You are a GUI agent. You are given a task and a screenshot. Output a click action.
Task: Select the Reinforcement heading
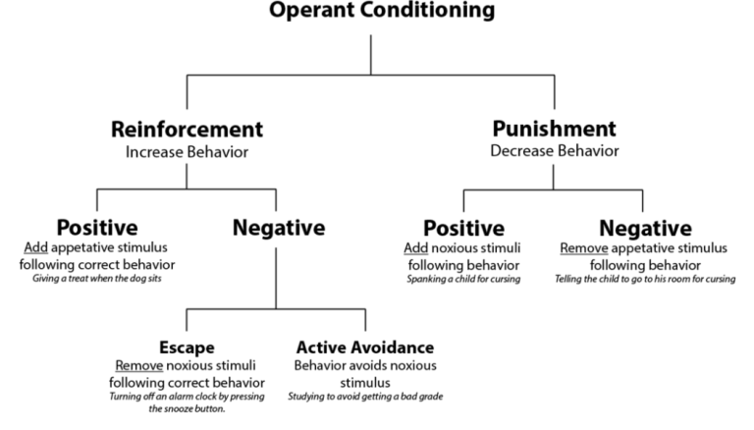(x=186, y=129)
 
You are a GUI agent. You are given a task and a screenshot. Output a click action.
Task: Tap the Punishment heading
(x=555, y=129)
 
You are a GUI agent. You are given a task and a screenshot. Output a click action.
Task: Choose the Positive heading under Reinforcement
(x=96, y=228)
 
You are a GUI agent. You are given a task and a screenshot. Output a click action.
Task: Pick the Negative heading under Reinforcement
(x=278, y=228)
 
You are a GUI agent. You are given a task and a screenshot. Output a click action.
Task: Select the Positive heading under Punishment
(x=463, y=228)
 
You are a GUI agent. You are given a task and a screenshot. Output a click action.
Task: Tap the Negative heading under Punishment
(x=643, y=228)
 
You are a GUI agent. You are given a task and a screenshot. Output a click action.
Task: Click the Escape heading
(x=187, y=348)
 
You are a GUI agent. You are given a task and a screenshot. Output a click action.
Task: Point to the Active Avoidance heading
(x=365, y=348)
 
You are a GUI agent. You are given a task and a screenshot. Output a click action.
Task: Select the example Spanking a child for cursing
(x=463, y=279)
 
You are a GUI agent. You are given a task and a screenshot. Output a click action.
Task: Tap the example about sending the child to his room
(x=643, y=279)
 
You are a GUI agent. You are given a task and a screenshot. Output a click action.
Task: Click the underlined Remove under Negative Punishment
(x=584, y=246)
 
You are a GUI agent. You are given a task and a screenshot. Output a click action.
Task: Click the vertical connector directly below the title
(x=370, y=54)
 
